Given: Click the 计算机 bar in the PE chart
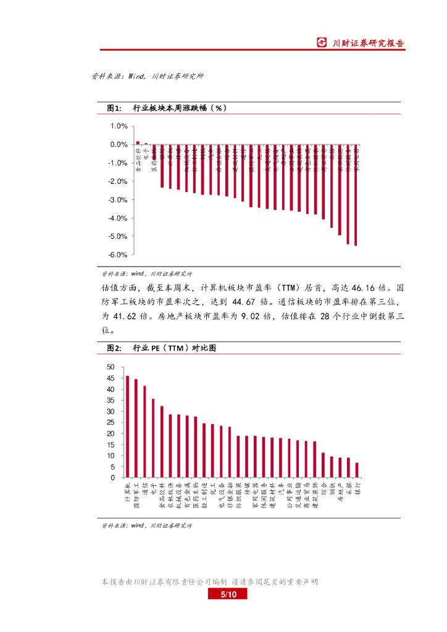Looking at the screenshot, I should [x=127, y=426].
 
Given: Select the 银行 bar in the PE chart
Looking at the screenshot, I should [x=357, y=470].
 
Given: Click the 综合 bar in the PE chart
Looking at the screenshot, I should [x=323, y=465].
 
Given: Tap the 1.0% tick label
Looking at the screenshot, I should [x=119, y=126].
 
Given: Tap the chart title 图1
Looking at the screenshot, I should [x=115, y=108].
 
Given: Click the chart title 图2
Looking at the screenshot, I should [x=115, y=348].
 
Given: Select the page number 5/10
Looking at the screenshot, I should [x=228, y=594].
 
